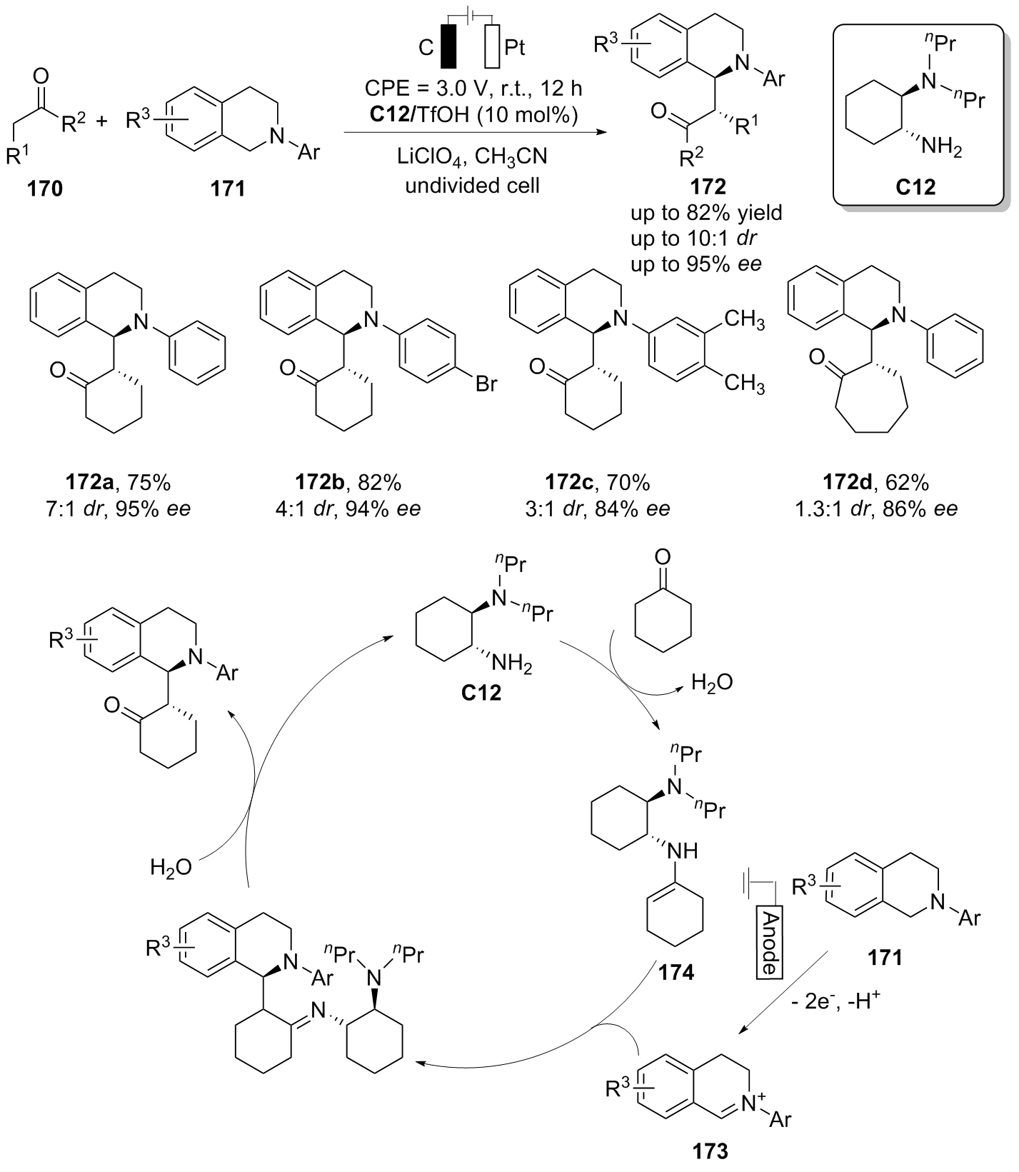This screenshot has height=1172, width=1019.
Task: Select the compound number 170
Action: [45, 189]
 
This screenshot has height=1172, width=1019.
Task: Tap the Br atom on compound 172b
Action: [486, 384]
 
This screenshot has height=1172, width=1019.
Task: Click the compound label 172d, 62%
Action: [887, 483]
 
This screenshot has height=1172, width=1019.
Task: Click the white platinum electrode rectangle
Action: [492, 47]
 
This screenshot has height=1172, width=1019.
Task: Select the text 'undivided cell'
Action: [473, 186]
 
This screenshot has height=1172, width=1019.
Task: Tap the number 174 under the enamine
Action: [676, 972]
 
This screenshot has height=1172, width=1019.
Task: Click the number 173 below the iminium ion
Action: [710, 1151]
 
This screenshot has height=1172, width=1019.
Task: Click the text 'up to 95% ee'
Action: [696, 264]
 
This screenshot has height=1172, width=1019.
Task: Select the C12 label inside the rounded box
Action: [915, 187]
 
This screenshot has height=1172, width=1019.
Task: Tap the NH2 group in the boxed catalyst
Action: [941, 148]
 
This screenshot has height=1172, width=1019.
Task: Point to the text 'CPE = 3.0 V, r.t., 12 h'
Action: [472, 88]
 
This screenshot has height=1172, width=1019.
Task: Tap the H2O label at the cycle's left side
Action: [171, 867]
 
